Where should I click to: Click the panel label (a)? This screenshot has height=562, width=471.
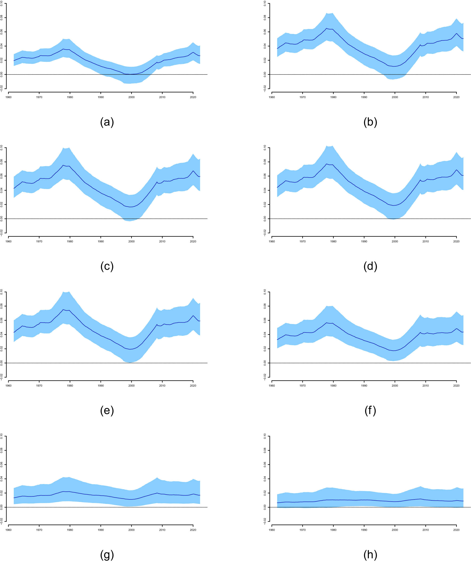(x=107, y=122)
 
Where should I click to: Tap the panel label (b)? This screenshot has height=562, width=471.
(x=370, y=122)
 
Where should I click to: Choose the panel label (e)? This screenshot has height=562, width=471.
(x=107, y=411)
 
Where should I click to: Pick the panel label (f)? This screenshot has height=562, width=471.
(x=370, y=411)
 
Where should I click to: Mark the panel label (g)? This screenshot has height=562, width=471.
(x=107, y=555)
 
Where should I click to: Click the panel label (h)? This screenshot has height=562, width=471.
(x=370, y=555)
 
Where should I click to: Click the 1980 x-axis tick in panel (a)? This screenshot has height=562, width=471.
(x=70, y=97)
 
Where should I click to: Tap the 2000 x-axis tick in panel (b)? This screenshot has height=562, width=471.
(x=395, y=97)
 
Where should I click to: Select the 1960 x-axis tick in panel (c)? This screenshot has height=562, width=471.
(x=8, y=241)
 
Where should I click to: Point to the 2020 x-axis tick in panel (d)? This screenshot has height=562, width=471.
(x=456, y=241)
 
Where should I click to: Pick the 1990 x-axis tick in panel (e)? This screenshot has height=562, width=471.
(x=101, y=386)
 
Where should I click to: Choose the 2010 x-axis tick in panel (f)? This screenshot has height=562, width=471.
(x=426, y=386)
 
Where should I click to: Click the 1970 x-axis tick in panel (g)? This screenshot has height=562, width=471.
(x=39, y=530)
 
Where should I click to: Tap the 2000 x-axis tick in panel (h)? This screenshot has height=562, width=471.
(x=395, y=530)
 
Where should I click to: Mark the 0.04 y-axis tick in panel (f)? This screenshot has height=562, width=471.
(x=265, y=335)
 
